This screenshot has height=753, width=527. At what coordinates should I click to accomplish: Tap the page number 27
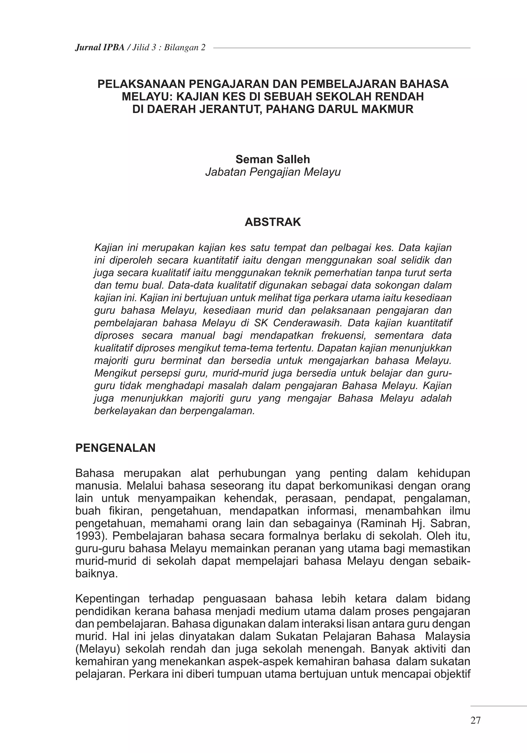[475, 720]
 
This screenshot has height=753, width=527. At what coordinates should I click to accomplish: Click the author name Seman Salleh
[273, 159]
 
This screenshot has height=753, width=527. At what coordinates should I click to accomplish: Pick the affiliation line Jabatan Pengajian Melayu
[273, 172]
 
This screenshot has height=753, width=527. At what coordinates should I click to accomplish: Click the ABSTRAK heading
[273, 222]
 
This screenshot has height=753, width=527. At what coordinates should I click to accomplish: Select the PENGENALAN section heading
[116, 448]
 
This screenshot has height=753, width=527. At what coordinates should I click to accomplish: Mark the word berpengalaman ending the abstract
[217, 411]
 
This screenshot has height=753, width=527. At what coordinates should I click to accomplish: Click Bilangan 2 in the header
[185, 48]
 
